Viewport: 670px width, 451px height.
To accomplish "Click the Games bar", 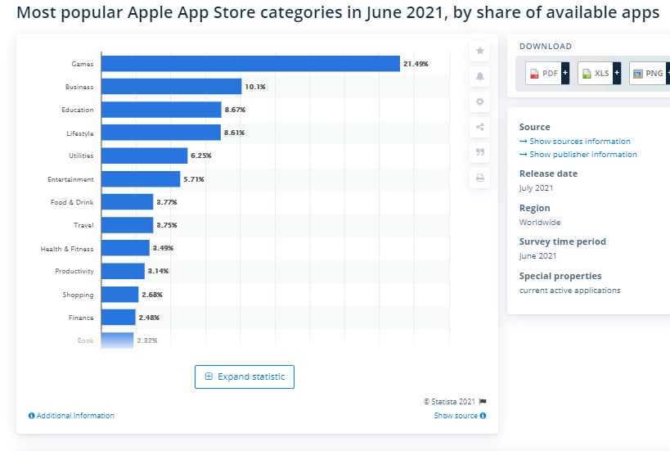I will pyautogui.click(x=250, y=64).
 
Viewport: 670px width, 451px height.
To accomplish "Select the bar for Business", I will pyautogui.click(x=171, y=87).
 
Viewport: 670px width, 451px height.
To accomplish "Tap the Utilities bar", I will pyautogui.click(x=144, y=156).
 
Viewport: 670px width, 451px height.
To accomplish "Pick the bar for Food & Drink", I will pyautogui.click(x=127, y=202).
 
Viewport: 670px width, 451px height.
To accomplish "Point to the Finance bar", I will pyautogui.click(x=118, y=318).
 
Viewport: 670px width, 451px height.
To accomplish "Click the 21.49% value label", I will pyautogui.click(x=416, y=64).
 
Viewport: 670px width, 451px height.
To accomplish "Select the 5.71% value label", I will pyautogui.click(x=194, y=179).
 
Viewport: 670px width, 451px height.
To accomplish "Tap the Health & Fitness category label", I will pyautogui.click(x=67, y=248).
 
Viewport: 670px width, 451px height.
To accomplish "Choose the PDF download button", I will pyautogui.click(x=546, y=74).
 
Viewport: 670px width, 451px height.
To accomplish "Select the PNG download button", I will pyautogui.click(x=650, y=74).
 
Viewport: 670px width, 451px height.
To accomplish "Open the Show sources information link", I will pyautogui.click(x=579, y=142).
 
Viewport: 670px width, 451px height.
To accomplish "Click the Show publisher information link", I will pyautogui.click(x=582, y=155).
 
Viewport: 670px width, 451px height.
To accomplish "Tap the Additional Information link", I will pyautogui.click(x=71, y=416).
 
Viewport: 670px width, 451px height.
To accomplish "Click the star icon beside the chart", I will pyautogui.click(x=480, y=51).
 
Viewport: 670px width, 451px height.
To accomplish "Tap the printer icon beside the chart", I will pyautogui.click(x=480, y=178).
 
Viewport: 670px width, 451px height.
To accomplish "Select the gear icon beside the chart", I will pyautogui.click(x=480, y=101).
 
